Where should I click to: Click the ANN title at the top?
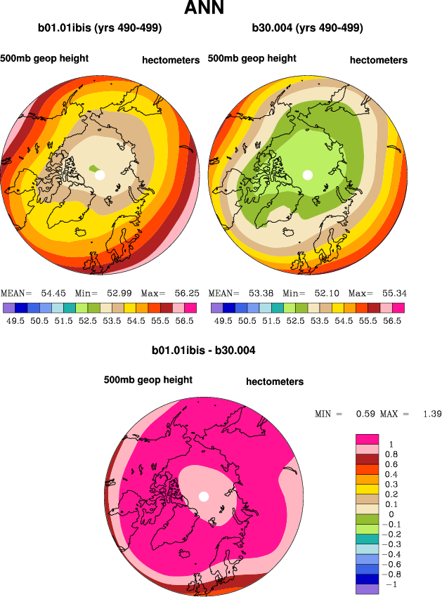point(204,9)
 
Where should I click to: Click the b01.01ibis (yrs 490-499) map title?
point(100,29)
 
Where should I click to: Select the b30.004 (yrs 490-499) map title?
point(307,29)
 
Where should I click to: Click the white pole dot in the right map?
point(307,174)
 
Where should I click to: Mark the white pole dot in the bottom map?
point(204,497)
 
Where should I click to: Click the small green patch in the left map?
point(93,168)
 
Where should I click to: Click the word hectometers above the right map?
point(378,60)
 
